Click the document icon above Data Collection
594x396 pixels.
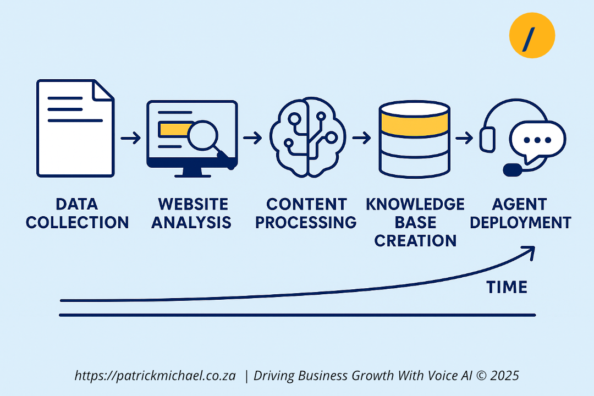[75, 128]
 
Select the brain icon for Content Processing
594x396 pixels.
[307, 137]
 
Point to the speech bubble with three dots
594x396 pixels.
[537, 141]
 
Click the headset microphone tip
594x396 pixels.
[513, 170]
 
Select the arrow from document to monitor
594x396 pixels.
[131, 137]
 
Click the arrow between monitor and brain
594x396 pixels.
[252, 137]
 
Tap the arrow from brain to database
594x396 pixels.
[361, 137]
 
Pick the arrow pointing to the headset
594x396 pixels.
[464, 137]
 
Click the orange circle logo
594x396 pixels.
[532, 35]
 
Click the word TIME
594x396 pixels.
[507, 287]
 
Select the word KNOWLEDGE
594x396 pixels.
[415, 204]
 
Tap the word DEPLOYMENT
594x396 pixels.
[520, 222]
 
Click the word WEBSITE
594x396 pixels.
[193, 204]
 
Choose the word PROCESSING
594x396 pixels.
[306, 222]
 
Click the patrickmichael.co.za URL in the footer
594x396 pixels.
[155, 376]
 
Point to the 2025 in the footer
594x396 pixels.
[504, 376]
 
